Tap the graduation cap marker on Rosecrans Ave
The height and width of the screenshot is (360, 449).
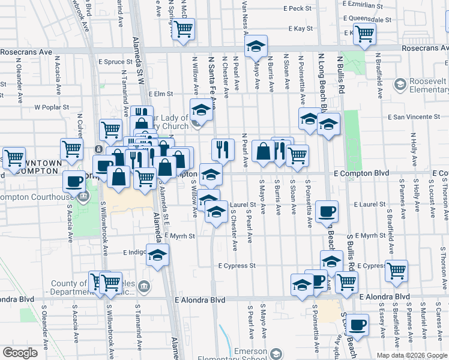(256, 46)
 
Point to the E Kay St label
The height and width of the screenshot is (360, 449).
(300, 28)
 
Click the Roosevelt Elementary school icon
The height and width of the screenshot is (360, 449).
(399, 86)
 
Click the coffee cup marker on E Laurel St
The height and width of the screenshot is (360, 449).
(327, 211)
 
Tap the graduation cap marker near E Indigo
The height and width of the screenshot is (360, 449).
(158, 254)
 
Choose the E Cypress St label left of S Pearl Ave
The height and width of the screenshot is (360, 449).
(237, 265)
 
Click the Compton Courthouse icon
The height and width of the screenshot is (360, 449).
(84, 196)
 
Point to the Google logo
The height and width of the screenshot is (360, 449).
(20, 353)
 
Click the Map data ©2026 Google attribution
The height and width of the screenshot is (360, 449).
(412, 355)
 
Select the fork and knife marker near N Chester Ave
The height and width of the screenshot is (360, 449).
(223, 148)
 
